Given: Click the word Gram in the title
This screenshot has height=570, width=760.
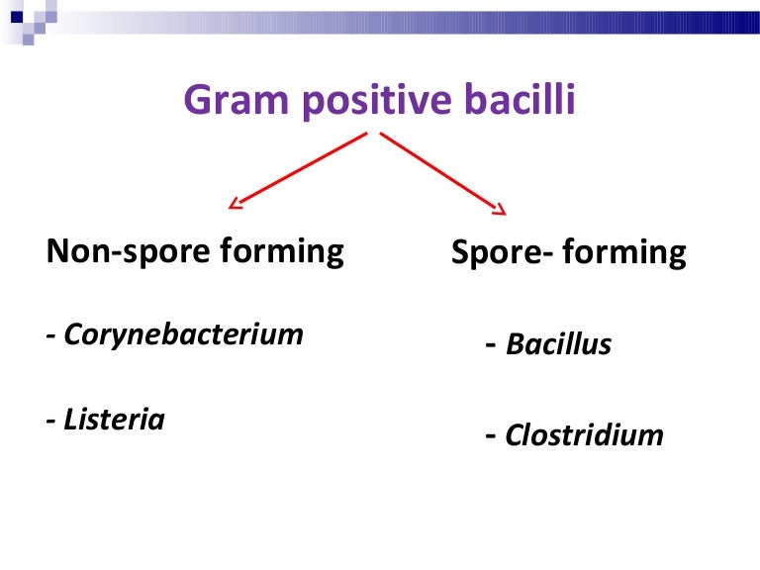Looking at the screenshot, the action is [x=237, y=99].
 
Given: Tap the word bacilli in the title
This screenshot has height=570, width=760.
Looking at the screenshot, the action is [x=520, y=98].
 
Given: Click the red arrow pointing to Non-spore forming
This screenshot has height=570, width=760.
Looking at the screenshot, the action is [x=298, y=170].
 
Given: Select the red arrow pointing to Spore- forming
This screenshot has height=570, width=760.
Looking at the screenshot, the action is [x=443, y=173].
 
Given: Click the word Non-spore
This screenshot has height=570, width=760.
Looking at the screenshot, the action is [x=129, y=251].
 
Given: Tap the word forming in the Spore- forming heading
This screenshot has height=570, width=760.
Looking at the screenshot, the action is [x=624, y=252].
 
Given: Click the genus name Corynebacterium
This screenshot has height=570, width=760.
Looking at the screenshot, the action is [x=184, y=334].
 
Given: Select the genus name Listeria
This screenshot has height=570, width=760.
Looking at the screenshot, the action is [x=115, y=420].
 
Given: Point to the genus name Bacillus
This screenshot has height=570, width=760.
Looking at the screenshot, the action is [x=558, y=344].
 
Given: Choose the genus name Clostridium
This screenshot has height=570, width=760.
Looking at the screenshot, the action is [x=584, y=434].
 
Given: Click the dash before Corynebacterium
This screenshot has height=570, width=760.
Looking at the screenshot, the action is [x=50, y=335].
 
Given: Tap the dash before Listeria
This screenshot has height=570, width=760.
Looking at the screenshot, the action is [x=50, y=421].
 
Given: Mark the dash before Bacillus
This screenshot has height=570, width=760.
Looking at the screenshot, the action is [x=491, y=345].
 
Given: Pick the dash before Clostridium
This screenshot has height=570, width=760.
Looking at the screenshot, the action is [x=491, y=435].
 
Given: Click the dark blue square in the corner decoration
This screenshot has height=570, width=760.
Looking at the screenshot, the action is [x=17, y=17].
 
